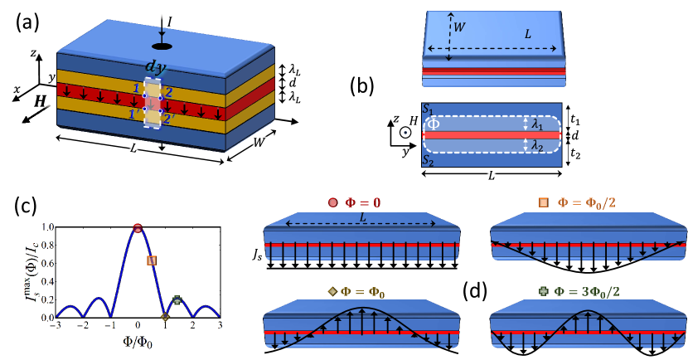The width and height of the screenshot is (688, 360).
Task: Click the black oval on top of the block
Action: tap(162, 46)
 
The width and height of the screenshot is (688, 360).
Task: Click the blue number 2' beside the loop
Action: tap(170, 119)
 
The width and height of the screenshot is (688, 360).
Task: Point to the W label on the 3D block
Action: tap(259, 143)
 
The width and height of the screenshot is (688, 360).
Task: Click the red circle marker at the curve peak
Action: tap(138, 227)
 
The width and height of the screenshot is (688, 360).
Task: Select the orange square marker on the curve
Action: tap(152, 260)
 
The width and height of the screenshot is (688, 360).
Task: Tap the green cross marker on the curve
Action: tap(177, 300)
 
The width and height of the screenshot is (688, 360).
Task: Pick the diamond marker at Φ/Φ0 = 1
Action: tap(165, 317)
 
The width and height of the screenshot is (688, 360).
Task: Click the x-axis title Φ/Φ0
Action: tap(137, 340)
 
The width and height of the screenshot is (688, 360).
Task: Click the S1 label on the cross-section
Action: tap(427, 109)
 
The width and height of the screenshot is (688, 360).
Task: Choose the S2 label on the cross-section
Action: tap(427, 159)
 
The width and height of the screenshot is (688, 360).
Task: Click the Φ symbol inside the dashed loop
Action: tap(433, 124)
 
